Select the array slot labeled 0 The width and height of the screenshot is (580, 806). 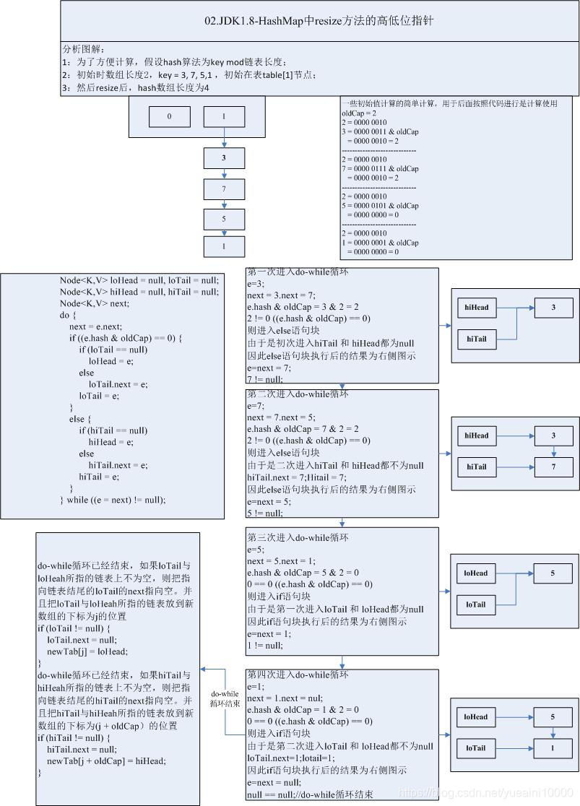(170, 116)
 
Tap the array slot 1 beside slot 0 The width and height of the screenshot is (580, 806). (224, 116)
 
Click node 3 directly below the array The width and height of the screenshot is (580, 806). (224, 157)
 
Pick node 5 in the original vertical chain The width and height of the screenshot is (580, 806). (224, 219)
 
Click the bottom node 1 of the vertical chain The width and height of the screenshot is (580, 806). (224, 246)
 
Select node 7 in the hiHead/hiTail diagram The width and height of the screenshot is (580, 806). (553, 467)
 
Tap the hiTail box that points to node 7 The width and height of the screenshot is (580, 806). (477, 467)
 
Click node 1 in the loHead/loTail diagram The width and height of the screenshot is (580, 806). (553, 748)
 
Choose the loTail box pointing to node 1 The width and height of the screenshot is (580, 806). (477, 748)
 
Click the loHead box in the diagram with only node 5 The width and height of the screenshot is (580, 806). (477, 573)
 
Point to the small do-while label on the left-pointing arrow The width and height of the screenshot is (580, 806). (225, 698)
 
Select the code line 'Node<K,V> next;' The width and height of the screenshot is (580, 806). (95, 304)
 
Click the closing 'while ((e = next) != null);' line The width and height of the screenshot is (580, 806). (113, 500)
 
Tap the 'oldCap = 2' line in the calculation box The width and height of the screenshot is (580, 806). (359, 113)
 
